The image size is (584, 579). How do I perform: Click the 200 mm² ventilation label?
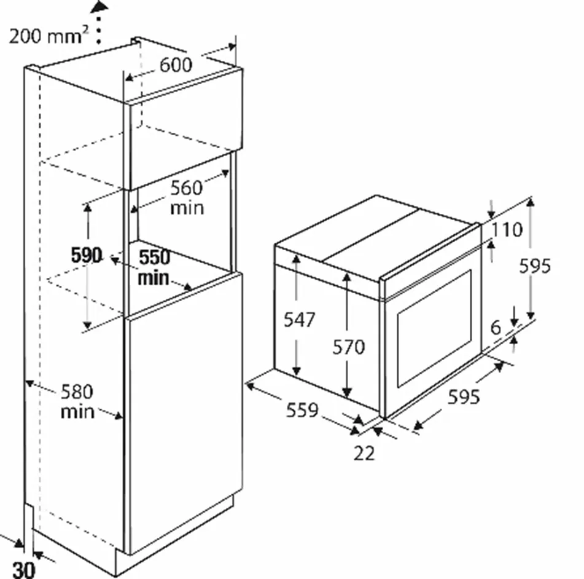46,36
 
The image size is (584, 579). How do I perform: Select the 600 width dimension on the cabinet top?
176,65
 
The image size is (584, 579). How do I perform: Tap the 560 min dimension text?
187,197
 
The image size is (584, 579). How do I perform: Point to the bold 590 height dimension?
87,256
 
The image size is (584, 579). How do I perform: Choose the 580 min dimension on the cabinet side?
77,401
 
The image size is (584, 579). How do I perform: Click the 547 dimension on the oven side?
300,320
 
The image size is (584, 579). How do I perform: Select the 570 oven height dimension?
349,347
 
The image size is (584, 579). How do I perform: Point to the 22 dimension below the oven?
364,453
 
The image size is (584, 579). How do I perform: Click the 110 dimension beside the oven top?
507,230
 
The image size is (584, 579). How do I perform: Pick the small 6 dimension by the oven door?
496,327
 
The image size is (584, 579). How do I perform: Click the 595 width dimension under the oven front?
463,398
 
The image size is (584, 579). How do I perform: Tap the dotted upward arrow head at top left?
99,7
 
